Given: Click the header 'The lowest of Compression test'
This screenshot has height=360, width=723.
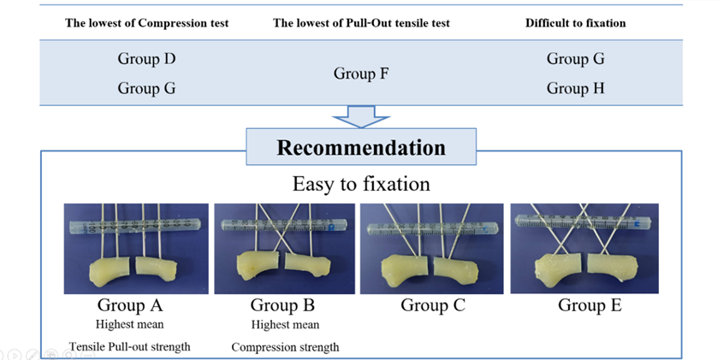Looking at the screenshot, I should [x=147, y=23].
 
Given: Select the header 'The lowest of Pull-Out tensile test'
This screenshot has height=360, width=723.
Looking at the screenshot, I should [x=361, y=23].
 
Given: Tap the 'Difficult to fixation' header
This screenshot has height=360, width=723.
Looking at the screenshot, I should [x=575, y=23].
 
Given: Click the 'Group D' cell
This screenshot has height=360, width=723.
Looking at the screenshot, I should [x=146, y=59].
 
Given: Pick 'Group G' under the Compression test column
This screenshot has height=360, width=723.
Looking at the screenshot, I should [x=146, y=88].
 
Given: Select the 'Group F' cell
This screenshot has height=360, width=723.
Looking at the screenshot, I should [x=361, y=74].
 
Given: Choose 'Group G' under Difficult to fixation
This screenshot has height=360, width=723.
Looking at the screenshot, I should [x=575, y=59].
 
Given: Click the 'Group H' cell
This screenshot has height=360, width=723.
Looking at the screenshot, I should [x=575, y=88].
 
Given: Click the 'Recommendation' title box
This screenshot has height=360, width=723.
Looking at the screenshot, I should [x=360, y=147].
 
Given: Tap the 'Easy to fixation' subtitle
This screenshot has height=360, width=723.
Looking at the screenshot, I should [x=360, y=184].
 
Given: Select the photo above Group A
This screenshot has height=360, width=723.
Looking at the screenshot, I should [x=136, y=248].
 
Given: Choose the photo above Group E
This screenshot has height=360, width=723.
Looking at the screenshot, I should [x=584, y=248].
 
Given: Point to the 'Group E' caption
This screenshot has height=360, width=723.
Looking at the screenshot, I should [x=590, y=305].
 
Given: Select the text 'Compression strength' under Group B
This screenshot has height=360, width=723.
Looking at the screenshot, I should [x=285, y=347].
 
